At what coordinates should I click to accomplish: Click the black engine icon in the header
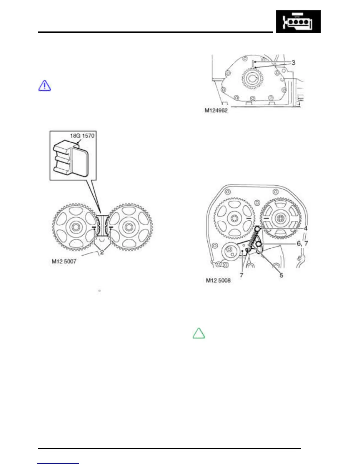coord(298,21)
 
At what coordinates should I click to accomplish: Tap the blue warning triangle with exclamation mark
coord(45,86)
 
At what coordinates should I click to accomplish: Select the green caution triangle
coord(199,333)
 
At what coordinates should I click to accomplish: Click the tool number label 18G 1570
coord(82,136)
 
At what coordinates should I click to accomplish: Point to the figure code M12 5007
coord(64,262)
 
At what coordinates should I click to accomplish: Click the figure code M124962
coord(216,110)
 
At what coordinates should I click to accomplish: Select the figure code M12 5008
coord(218,280)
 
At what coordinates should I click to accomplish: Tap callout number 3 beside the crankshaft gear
coord(293,63)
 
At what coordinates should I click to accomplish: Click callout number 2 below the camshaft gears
coord(102,252)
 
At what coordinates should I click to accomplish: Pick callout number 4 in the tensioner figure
coord(306,229)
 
